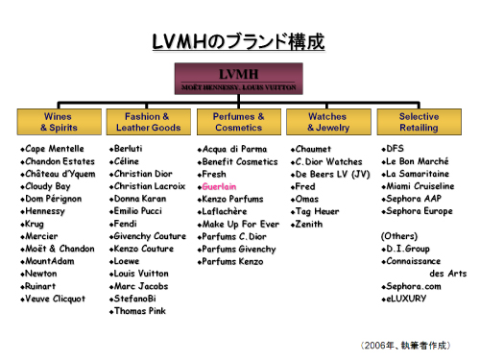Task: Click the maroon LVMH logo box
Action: (239, 79)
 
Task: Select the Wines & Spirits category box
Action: (60, 122)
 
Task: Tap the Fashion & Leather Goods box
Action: (149, 122)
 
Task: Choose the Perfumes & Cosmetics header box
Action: (239, 122)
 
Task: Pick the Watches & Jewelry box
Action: (328, 122)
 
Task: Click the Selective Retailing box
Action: (420, 122)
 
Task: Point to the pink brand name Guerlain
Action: (219, 186)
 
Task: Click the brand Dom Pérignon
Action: (54, 199)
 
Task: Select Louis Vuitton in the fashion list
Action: (141, 274)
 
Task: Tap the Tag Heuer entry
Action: (317, 211)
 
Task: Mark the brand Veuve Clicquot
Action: (56, 299)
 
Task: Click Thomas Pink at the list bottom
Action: (140, 311)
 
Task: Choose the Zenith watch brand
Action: (309, 224)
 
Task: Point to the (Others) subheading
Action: (399, 236)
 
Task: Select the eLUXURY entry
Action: (406, 299)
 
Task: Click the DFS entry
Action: (396, 149)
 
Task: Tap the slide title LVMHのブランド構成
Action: (238, 41)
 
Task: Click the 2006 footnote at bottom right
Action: (405, 346)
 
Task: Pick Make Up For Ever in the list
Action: (241, 224)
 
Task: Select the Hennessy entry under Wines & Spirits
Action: (45, 211)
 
